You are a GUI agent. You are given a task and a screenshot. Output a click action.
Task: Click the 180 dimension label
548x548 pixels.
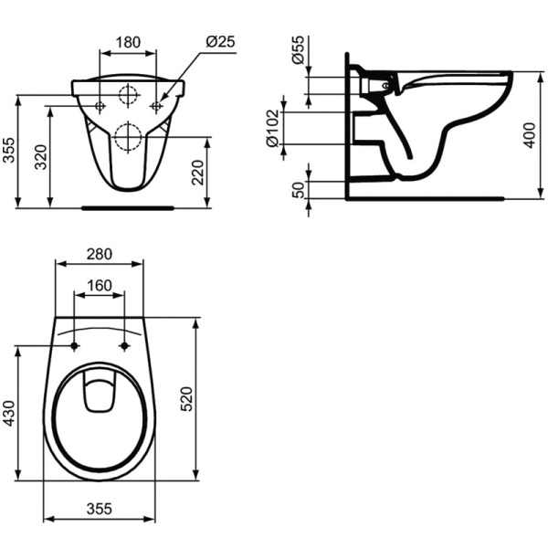click(128, 42)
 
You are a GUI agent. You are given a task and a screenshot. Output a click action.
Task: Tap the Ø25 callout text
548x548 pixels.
click(220, 42)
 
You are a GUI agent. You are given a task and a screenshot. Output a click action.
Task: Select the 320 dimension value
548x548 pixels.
click(41, 157)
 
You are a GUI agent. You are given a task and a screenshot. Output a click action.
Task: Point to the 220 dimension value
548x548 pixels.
click(198, 173)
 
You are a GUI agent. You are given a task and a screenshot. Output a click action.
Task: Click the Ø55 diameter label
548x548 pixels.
click(298, 49)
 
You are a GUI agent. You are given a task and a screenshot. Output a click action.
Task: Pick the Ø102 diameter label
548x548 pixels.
click(272, 128)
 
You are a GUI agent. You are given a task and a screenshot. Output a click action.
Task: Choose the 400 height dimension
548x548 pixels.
click(530, 135)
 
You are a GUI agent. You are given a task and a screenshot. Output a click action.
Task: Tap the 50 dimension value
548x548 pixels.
click(298, 190)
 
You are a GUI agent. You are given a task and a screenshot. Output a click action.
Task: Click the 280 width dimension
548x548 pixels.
click(100, 254)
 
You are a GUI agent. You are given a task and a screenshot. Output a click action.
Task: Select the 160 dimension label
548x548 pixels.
click(100, 286)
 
